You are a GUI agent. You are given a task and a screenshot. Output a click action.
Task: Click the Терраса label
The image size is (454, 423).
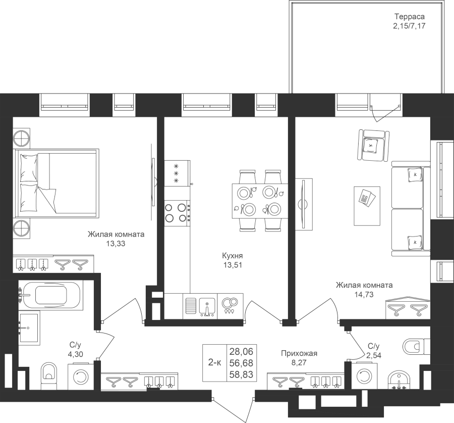(409, 17)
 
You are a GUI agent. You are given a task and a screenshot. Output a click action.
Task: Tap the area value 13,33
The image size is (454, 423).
(116, 244)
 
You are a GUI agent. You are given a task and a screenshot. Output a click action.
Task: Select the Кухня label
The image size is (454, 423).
(232, 256)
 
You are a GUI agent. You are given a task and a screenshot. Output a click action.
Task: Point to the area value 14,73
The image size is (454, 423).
(364, 295)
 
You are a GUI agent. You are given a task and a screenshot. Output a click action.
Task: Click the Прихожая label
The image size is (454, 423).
(299, 353)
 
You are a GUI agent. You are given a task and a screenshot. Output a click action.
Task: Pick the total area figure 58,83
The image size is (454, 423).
(241, 374)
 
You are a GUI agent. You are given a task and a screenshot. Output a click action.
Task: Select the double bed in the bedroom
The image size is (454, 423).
(56, 183)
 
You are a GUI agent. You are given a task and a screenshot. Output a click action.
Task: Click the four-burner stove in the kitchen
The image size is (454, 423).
(177, 213)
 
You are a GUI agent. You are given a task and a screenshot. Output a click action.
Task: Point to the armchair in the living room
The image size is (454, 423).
(373, 145)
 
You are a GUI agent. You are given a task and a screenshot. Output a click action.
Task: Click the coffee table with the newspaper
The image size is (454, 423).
(367, 206)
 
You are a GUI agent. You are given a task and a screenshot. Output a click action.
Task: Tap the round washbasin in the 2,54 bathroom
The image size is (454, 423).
(400, 380)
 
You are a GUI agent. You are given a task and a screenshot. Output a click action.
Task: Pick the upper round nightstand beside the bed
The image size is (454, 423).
(22, 138)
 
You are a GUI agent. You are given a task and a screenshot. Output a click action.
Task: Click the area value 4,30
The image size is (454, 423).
(75, 354)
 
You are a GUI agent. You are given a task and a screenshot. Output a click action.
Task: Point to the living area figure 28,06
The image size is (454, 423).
(241, 352)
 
